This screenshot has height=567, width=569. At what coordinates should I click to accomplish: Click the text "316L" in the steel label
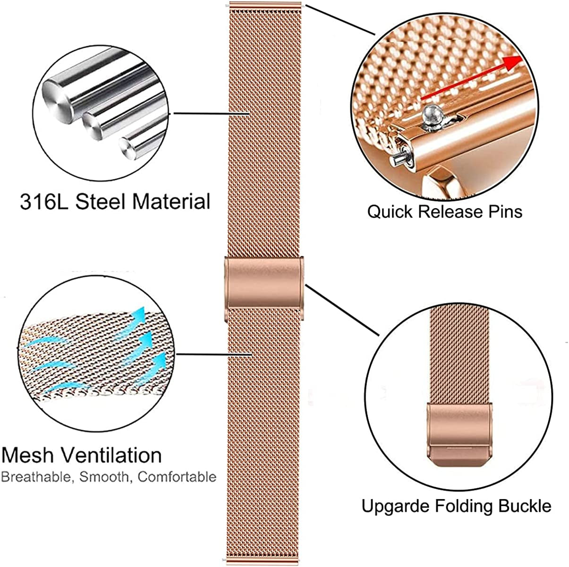coord(43,202)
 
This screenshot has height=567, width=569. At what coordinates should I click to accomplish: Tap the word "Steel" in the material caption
coord(100,202)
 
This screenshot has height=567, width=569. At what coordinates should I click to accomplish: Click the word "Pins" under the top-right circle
coord(504,212)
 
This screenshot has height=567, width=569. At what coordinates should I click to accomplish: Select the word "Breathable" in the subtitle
coord(36,477)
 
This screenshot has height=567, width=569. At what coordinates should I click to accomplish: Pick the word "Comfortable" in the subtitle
coord(177,477)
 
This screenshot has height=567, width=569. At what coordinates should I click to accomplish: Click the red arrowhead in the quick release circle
coord(515,61)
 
